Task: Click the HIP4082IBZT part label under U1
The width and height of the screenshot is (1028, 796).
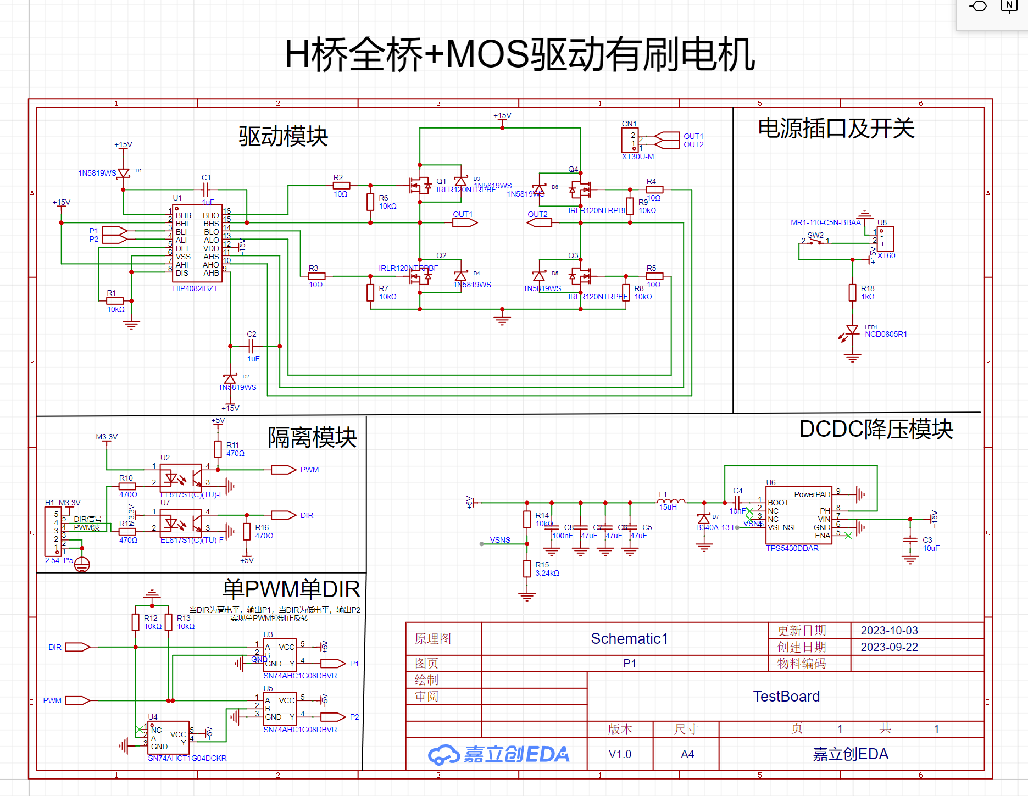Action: coord(195,288)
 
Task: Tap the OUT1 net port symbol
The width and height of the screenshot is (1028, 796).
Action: coord(465,222)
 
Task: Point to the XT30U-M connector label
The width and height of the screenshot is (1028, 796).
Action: coord(637,157)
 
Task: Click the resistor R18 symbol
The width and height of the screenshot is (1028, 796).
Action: coord(852,292)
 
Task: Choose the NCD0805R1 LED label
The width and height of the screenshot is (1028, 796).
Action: coord(886,334)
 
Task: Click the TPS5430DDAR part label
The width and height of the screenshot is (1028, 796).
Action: coord(792,548)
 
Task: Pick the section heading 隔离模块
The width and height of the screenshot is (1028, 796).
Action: coord(312,438)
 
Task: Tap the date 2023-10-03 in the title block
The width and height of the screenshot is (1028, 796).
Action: coord(889,631)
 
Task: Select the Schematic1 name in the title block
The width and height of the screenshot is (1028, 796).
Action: coord(629,638)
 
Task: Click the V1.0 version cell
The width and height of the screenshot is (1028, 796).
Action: coord(620,754)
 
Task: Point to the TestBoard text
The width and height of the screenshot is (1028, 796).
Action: coord(786,697)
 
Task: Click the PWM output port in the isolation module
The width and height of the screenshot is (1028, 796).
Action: coord(284,470)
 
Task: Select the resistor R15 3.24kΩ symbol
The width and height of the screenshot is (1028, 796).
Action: coord(527,569)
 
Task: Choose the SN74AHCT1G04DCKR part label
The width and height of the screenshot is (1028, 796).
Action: coord(187,758)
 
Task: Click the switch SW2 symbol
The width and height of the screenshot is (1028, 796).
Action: coord(815,242)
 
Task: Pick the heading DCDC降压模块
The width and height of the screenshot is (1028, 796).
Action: coord(876,429)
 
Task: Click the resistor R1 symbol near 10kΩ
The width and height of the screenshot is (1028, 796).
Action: coord(115,300)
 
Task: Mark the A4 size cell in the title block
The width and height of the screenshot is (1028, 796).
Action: coord(687,754)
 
